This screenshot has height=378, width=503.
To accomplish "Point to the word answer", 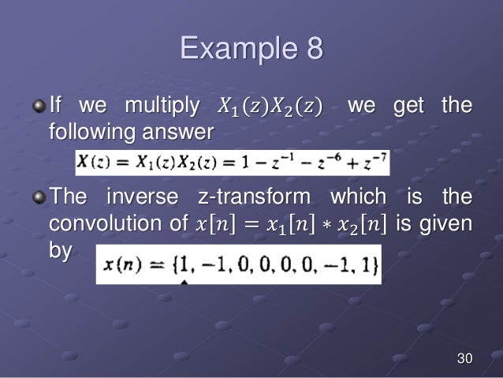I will [183, 131].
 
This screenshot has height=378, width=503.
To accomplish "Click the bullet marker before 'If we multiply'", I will [40, 106].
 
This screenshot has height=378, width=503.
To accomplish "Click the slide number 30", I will [464, 360].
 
